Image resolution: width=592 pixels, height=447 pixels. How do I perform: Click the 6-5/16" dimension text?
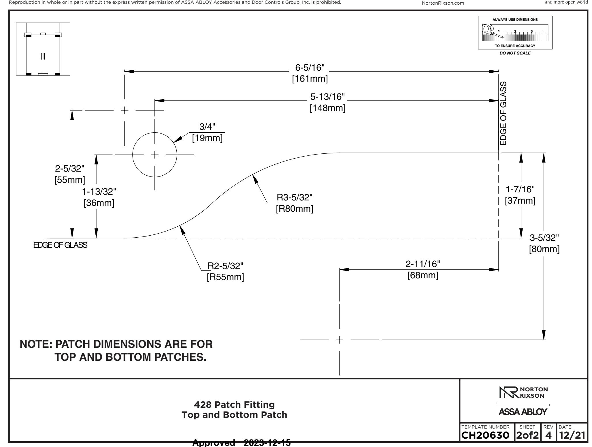tap(310, 68)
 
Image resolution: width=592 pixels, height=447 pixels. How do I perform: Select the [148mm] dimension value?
tap(328, 108)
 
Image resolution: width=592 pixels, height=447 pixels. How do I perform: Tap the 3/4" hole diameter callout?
tap(208, 127)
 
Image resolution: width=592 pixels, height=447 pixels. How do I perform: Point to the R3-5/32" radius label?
tap(295, 197)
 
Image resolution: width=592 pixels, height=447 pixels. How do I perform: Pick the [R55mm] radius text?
tap(225, 277)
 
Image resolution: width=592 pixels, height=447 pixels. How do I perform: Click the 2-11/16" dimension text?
tap(423, 264)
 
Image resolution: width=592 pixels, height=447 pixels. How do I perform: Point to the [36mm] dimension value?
tap(99, 203)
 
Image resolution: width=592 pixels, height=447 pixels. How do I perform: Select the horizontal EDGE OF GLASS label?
tap(60, 245)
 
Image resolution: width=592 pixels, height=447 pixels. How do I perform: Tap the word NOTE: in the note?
tap(36, 344)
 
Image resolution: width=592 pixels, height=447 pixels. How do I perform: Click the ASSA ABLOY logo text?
tap(523, 412)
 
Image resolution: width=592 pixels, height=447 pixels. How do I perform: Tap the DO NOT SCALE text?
tap(515, 53)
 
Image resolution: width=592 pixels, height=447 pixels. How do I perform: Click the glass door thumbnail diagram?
tap(43, 49)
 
